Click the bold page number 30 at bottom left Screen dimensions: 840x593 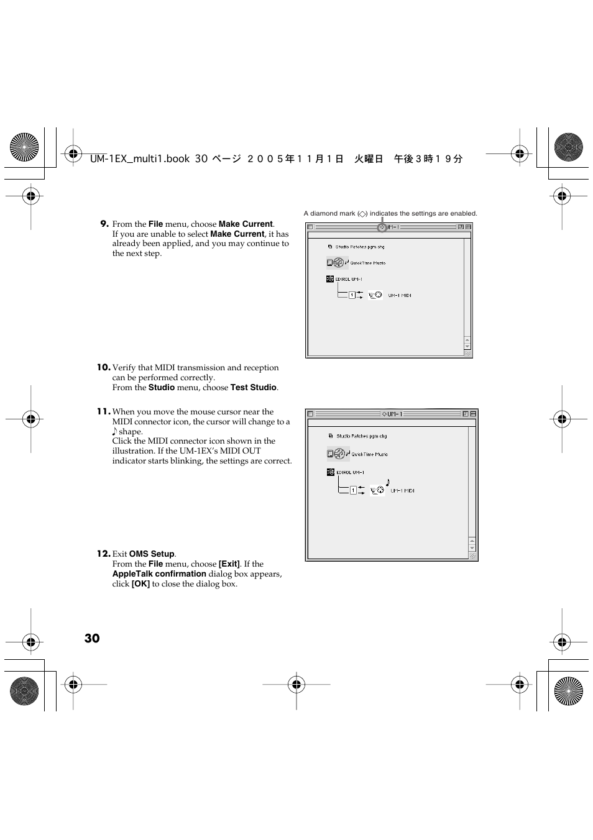point(92,639)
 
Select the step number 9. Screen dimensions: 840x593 point(104,224)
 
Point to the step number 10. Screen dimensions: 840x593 point(103,367)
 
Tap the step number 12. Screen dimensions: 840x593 point(103,554)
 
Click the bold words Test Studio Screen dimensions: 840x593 point(253,388)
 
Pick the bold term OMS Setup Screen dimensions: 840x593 point(152,554)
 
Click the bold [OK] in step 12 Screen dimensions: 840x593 point(140,584)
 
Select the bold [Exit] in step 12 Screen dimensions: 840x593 point(229,564)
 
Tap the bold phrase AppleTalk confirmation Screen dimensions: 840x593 point(159,574)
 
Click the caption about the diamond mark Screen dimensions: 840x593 point(390,214)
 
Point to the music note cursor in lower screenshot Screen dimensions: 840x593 point(388,482)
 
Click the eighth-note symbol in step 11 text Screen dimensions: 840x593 point(115,432)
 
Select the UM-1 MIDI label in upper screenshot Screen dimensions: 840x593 point(400,296)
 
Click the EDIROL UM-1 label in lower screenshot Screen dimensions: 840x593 point(350,473)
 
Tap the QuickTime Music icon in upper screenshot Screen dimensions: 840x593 point(338,263)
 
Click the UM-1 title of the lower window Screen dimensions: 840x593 point(392,414)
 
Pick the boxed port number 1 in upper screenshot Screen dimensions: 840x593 point(352,295)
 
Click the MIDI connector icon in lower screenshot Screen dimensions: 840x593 point(377,490)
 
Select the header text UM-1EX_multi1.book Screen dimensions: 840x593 point(140,159)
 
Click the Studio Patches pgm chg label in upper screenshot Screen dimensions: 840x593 point(360,247)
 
